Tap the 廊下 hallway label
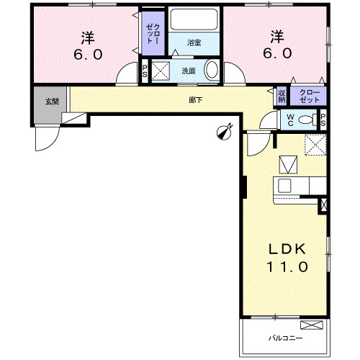tap(195, 99)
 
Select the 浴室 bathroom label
tap(194, 44)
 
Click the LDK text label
tap(288, 249)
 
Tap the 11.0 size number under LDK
tap(289, 267)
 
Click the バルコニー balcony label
tap(286, 338)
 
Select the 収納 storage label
tap(282, 95)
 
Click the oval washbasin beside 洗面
tap(212, 71)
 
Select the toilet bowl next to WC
tap(306, 120)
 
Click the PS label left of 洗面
tap(145, 71)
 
